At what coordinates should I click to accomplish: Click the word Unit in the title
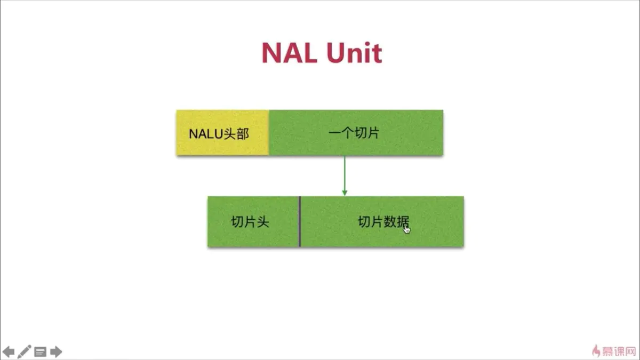coord(354,53)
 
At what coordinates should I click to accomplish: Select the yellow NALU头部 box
coord(222,133)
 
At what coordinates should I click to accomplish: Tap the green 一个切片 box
coord(356,133)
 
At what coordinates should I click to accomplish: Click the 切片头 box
coord(253,222)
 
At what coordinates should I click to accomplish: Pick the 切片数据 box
coord(382,222)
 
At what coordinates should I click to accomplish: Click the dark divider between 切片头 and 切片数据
coord(300,222)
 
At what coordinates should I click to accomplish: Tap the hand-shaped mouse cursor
coord(407,229)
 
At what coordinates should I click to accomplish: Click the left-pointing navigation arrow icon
coord(9,351)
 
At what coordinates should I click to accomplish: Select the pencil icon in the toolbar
coord(25,351)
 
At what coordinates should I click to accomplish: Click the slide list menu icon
coord(40,351)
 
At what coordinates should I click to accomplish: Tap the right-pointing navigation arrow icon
coord(56,351)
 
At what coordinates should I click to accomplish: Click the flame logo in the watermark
coord(597,350)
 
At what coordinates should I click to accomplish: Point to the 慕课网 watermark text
coord(619,350)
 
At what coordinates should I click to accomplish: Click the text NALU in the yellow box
coord(205,134)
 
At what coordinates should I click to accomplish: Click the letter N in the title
coord(274,53)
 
